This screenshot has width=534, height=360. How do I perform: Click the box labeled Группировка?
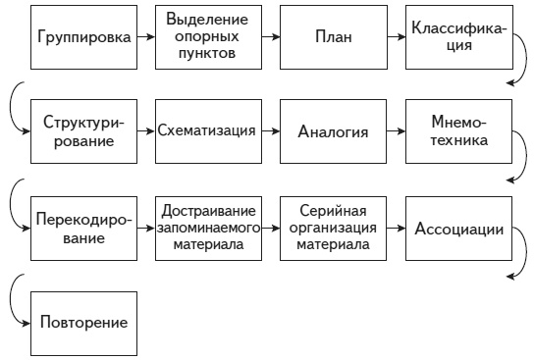(82, 36)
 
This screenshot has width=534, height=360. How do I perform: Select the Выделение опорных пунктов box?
(207, 36)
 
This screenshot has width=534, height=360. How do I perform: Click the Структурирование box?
(82, 131)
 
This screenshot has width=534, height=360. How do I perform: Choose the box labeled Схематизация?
(207, 131)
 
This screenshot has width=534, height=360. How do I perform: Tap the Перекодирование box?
(82, 228)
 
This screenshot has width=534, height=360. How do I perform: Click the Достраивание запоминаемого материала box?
(207, 228)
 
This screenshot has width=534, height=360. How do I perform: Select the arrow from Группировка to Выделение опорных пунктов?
(144, 36)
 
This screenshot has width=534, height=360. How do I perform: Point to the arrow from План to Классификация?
(394, 36)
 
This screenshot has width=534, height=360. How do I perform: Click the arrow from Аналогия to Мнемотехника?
(394, 131)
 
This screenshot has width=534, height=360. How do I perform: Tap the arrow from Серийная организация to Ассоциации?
(394, 228)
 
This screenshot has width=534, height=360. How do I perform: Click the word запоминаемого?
(207, 228)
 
